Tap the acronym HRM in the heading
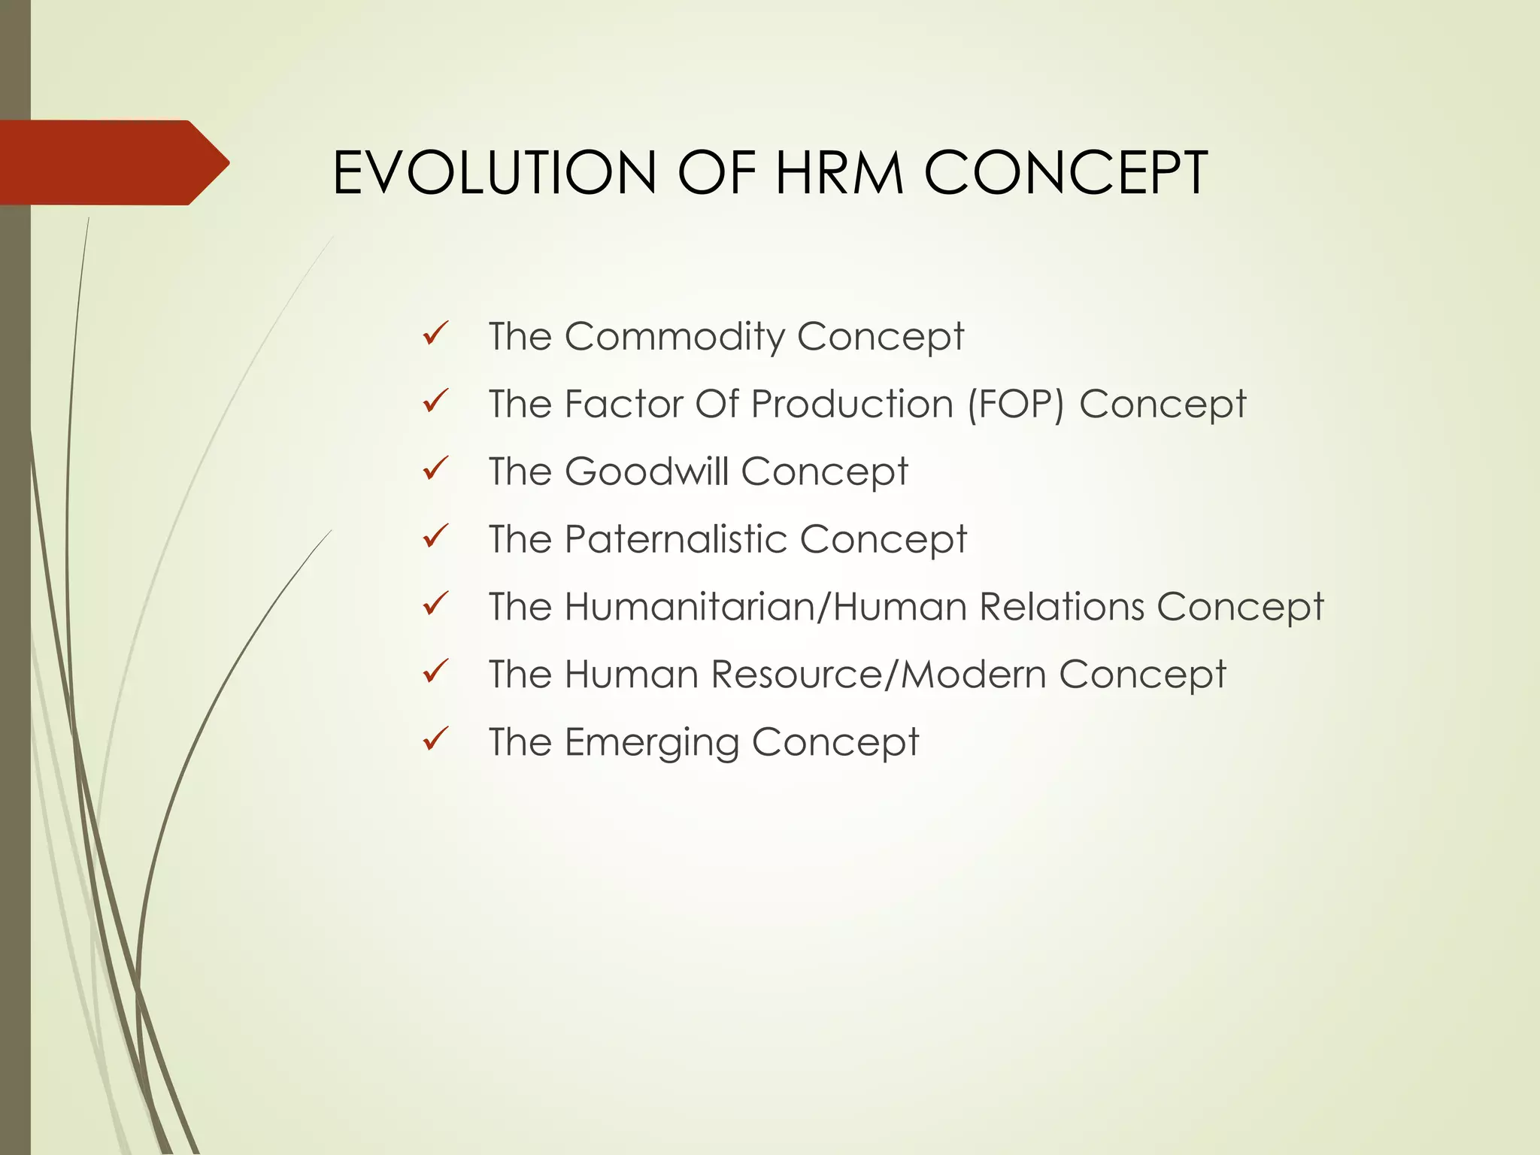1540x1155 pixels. [839, 173]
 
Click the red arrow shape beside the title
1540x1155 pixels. [113, 162]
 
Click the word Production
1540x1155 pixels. [852, 404]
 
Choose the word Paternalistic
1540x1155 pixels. [675, 539]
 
